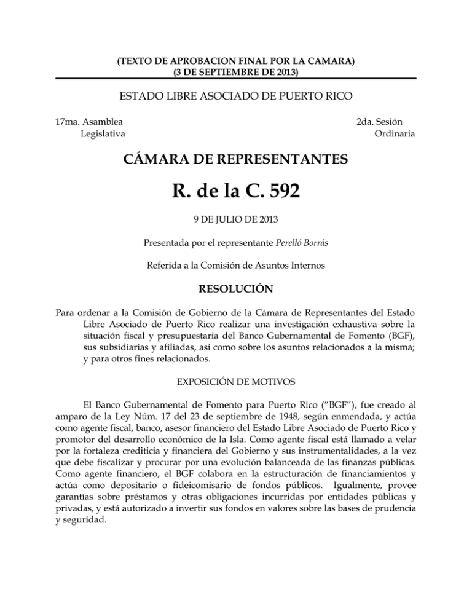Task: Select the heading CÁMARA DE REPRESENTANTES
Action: click(236, 160)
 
